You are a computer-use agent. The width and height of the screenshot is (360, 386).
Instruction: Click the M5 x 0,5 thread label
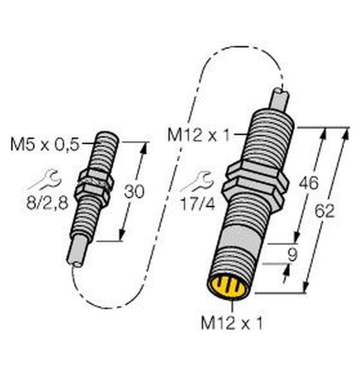[45, 145]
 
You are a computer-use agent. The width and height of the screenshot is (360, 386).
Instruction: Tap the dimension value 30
[134, 192]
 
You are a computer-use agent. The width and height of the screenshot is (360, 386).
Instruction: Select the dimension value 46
[309, 183]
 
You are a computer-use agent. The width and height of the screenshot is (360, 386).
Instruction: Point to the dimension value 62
[325, 211]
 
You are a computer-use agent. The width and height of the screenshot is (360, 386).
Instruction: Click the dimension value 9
[292, 255]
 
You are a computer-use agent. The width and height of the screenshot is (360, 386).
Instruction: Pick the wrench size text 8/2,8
[47, 204]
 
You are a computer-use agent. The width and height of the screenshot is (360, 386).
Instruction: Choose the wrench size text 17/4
[198, 204]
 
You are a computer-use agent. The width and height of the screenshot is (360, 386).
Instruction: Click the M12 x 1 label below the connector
[232, 323]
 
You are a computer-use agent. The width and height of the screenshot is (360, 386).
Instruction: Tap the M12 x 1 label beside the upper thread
[199, 135]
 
